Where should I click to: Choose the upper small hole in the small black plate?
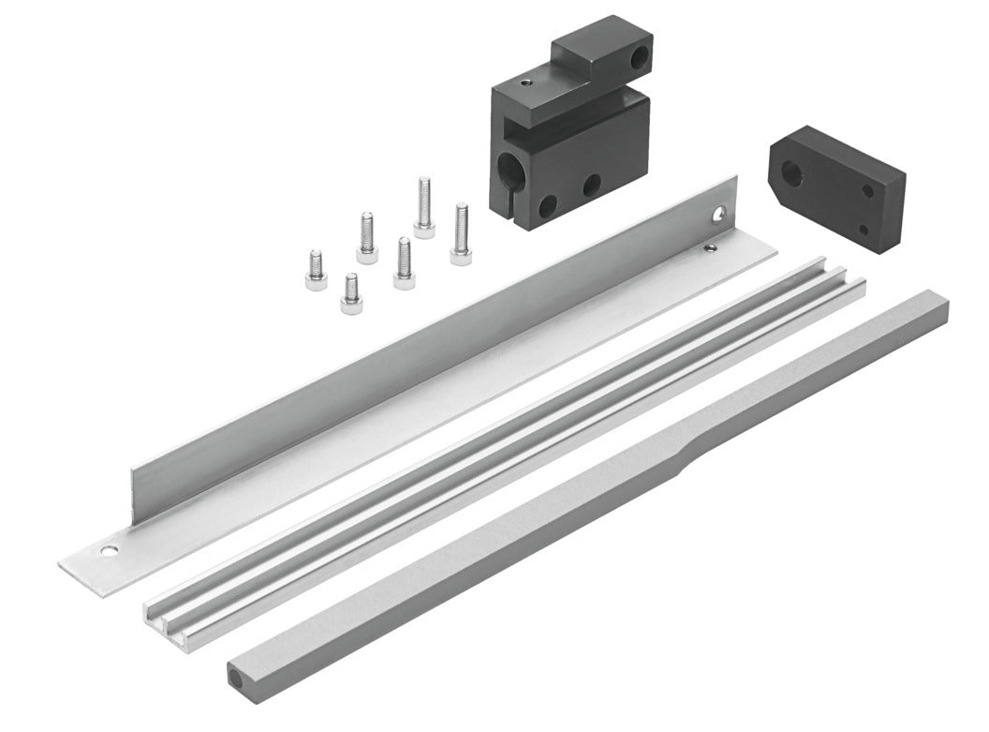(869, 191)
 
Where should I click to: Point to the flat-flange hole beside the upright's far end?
(711, 248)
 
